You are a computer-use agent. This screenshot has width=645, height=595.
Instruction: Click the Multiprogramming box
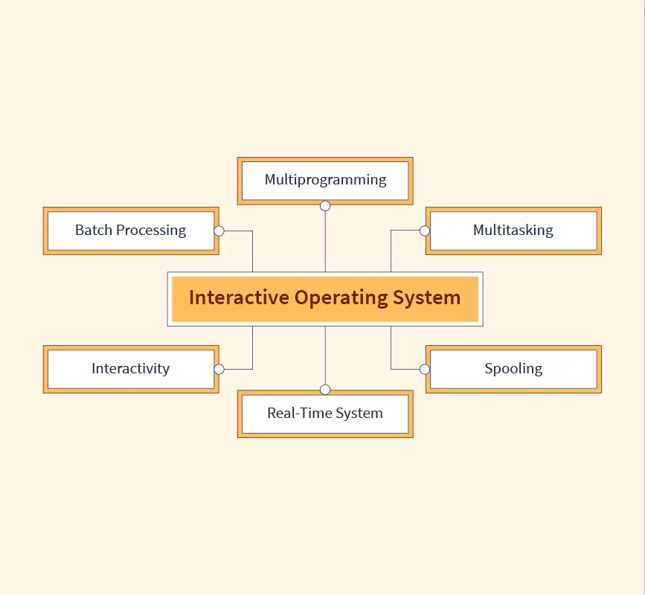pyautogui.click(x=325, y=180)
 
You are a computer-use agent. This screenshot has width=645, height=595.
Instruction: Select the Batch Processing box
pyautogui.click(x=131, y=231)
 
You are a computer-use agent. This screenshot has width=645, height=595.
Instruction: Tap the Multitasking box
pyautogui.click(x=513, y=231)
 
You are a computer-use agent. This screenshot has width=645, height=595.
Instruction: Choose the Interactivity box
pyautogui.click(x=131, y=369)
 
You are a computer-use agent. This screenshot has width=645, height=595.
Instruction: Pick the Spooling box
pyautogui.click(x=513, y=369)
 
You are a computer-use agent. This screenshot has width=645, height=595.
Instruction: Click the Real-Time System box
pyautogui.click(x=325, y=414)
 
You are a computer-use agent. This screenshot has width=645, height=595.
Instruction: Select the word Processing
pyautogui.click(x=151, y=231)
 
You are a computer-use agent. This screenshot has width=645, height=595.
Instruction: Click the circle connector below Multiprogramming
pyautogui.click(x=325, y=205)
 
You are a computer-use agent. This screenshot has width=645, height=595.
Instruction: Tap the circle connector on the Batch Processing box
pyautogui.click(x=219, y=231)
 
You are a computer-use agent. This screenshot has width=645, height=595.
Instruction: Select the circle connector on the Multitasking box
pyautogui.click(x=425, y=231)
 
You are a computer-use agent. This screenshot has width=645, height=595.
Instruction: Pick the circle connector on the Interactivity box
pyautogui.click(x=219, y=369)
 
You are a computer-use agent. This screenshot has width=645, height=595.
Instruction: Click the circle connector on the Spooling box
pyautogui.click(x=425, y=369)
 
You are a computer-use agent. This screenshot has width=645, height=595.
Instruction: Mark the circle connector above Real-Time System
pyautogui.click(x=325, y=390)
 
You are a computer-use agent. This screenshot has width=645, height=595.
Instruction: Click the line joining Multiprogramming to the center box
pyautogui.click(x=325, y=242)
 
